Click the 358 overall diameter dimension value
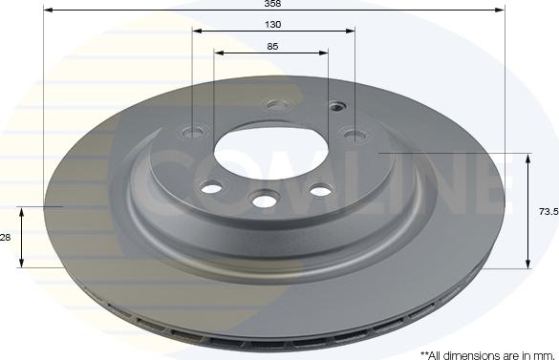[x=274, y=4]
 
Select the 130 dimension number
[x=274, y=23]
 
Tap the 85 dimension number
[x=274, y=45]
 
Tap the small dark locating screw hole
[x=334, y=106]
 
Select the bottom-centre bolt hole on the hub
[x=264, y=199]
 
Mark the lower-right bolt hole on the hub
[x=317, y=190]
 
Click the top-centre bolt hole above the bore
[x=276, y=104]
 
